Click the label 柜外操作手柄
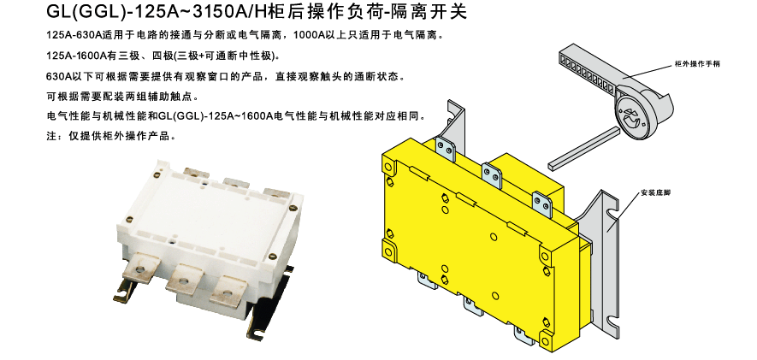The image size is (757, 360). (x=697, y=64)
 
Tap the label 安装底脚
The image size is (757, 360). (x=655, y=193)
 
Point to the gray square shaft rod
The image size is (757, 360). (x=584, y=148)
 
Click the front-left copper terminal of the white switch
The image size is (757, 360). (x=139, y=268)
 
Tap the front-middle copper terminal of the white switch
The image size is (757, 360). (x=184, y=280)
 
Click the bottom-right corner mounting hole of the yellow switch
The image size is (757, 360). (x=546, y=339)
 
